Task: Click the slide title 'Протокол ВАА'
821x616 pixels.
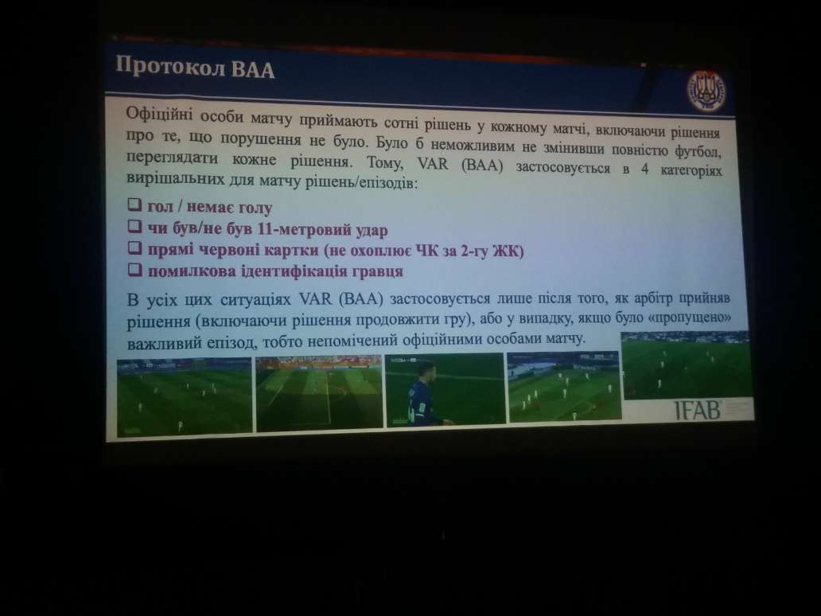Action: (196, 66)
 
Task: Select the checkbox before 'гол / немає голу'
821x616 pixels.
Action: (135, 207)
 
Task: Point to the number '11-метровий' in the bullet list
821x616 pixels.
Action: (294, 230)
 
